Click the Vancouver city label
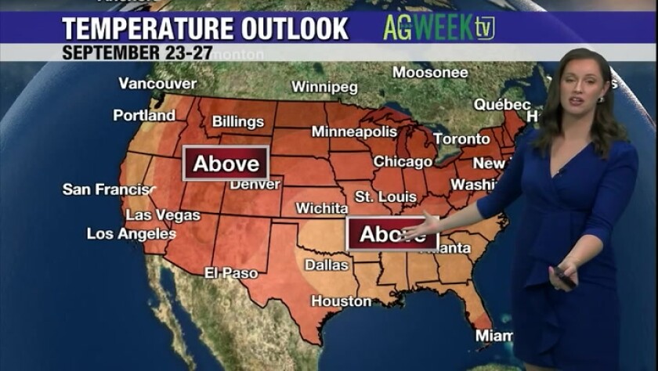click(157, 83)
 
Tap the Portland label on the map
click(144, 115)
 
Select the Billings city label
click(238, 121)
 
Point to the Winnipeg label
click(324, 86)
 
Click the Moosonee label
click(430, 73)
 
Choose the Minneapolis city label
click(354, 131)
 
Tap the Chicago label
click(403, 162)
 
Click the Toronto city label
click(461, 139)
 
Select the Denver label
click(255, 185)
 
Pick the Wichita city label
click(321, 208)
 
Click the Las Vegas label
click(163, 214)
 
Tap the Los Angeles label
click(132, 233)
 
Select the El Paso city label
click(231, 273)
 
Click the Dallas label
click(327, 265)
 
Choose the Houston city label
click(342, 301)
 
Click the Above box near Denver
click(226, 164)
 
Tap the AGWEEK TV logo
click(439, 28)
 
